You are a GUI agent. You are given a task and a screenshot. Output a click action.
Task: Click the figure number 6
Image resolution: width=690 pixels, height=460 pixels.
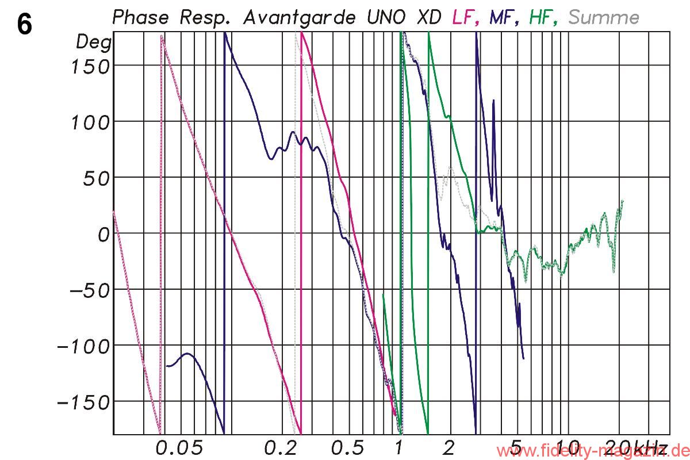24,25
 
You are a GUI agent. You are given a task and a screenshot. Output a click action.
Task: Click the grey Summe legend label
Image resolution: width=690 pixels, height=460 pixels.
603,17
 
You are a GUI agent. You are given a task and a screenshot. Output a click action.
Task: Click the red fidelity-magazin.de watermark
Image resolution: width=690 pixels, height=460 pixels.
592,451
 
